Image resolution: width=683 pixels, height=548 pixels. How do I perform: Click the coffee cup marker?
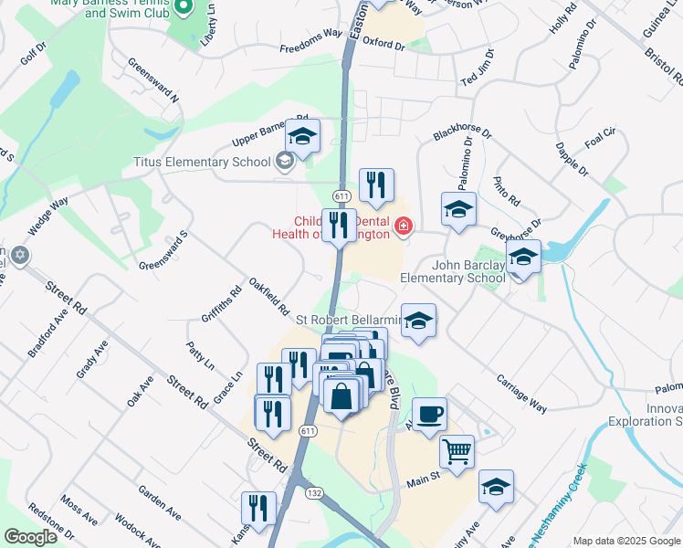[429, 415]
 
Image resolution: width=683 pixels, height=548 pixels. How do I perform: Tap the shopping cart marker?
[457, 451]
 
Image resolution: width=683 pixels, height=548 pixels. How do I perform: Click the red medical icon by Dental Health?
[403, 225]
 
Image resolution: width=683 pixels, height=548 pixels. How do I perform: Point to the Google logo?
[30, 537]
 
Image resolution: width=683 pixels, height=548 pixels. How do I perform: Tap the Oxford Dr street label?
[383, 42]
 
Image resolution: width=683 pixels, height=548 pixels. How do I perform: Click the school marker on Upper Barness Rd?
[302, 137]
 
